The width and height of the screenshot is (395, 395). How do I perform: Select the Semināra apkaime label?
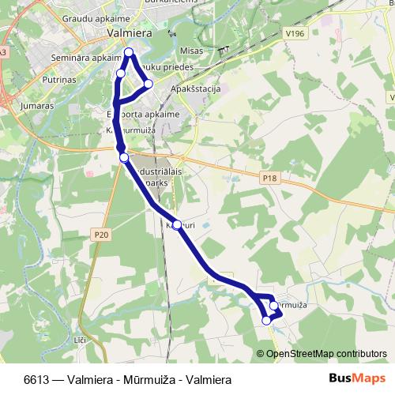[x=82, y=58]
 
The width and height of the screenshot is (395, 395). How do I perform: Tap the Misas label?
[x=191, y=50]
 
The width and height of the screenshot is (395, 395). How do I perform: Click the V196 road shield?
[x=296, y=33]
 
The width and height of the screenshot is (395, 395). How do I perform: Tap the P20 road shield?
[x=100, y=235]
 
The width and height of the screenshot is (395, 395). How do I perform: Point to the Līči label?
[x=78, y=339]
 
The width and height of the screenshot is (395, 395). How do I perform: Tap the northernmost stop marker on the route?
[x=129, y=52]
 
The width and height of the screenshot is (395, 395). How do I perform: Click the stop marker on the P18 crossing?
[x=124, y=158]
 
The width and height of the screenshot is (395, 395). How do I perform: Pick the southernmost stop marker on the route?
[x=267, y=320]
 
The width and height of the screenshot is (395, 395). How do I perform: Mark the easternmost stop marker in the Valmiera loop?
[x=148, y=84]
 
